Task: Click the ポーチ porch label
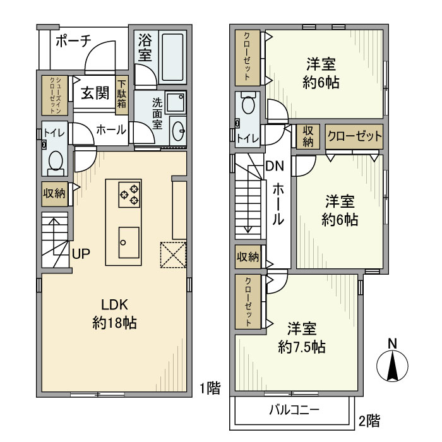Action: [74, 41]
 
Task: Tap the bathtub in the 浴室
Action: [172, 57]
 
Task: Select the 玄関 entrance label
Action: [95, 93]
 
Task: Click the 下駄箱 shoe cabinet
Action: [122, 95]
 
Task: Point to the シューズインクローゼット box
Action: [55, 95]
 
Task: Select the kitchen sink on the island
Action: [129, 242]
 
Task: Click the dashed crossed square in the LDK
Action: [174, 254]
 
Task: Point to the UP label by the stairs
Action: [81, 254]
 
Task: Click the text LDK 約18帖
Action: [114, 314]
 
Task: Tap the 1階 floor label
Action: [210, 388]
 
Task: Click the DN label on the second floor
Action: [275, 166]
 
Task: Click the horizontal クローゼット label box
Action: [354, 137]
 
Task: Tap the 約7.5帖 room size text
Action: [302, 347]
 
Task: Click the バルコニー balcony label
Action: [294, 410]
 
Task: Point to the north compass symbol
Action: [392, 361]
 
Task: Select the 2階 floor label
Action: [369, 421]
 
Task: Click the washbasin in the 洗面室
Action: [178, 131]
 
